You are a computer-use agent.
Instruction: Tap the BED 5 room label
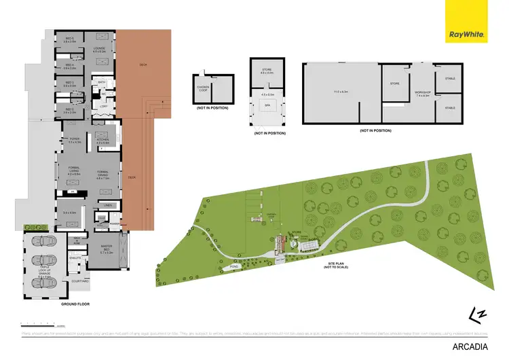(69, 39)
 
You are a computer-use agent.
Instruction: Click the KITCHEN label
(104, 141)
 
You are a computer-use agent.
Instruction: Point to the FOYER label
(75, 141)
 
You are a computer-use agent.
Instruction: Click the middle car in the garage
(41, 262)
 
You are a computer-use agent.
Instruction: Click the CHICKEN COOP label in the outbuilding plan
(203, 86)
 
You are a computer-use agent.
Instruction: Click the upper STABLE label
(450, 79)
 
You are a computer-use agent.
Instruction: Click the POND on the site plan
(233, 267)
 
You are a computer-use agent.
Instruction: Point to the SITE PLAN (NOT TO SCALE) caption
(337, 265)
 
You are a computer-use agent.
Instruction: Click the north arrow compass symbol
(479, 310)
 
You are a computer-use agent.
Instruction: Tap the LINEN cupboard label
(108, 204)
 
